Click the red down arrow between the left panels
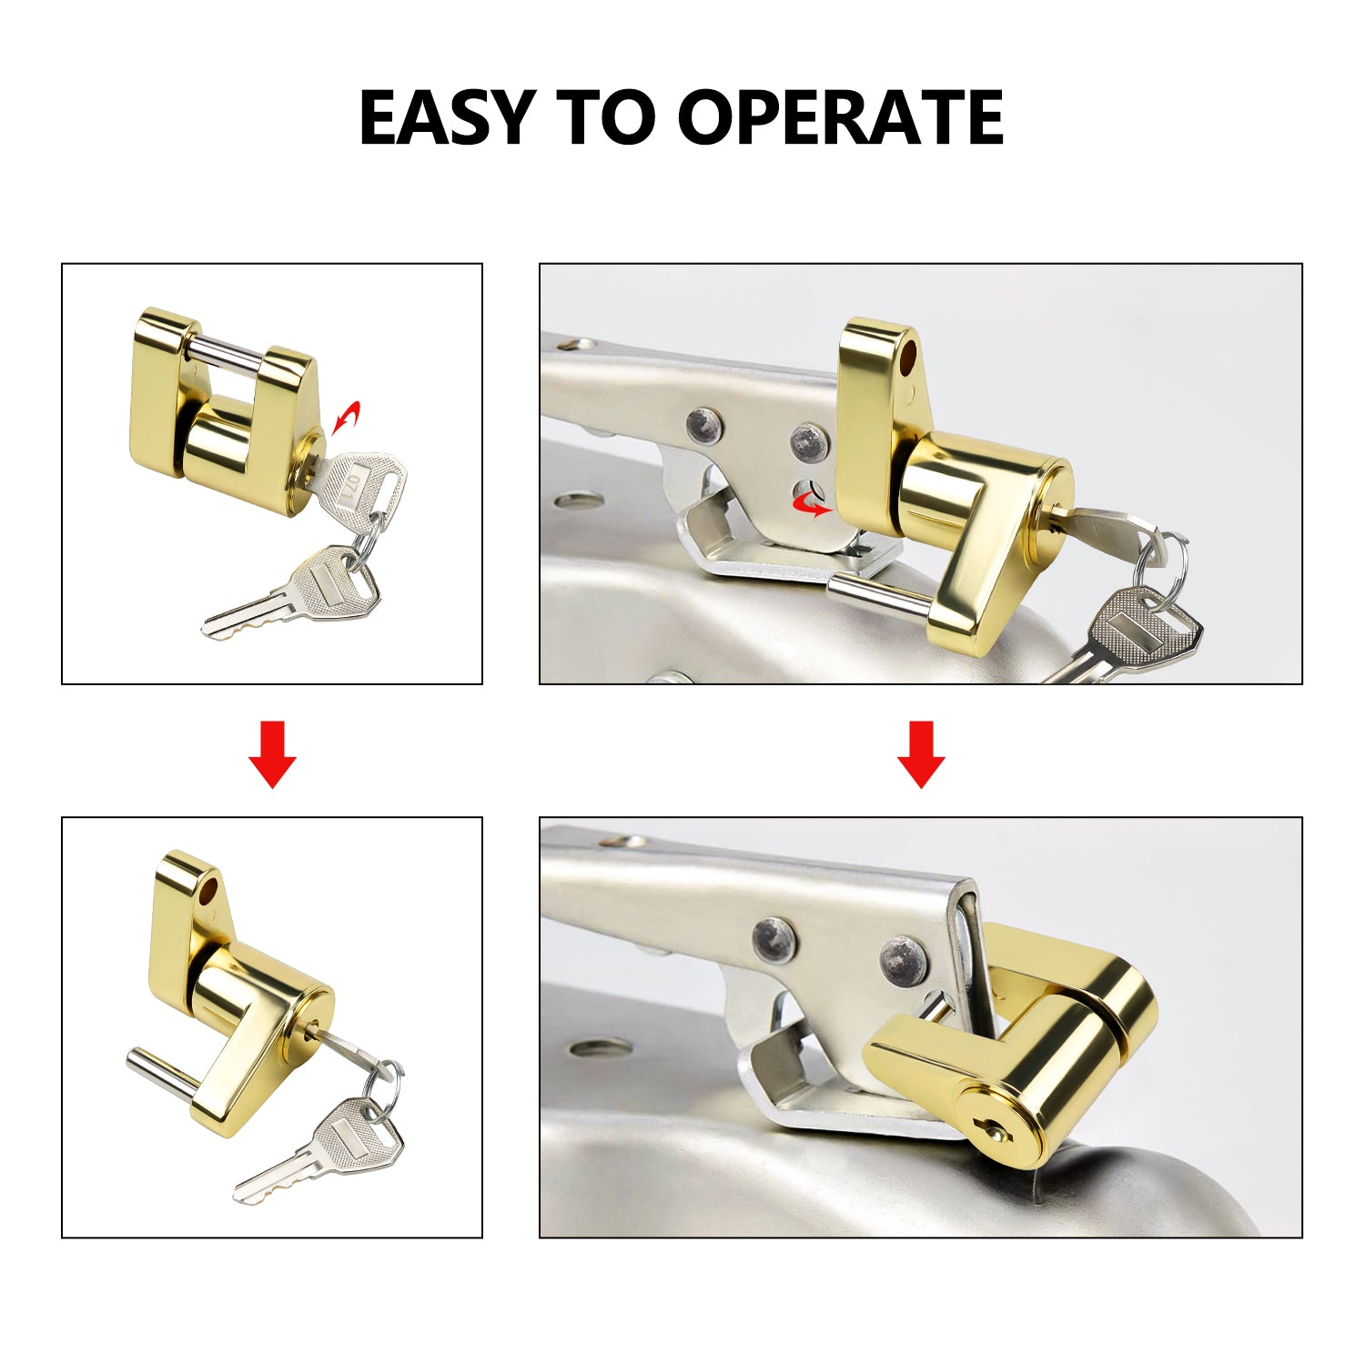click(x=272, y=753)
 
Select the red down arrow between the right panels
click(x=921, y=753)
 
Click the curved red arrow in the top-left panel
click(x=346, y=417)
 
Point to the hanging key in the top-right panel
click(x=1137, y=632)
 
